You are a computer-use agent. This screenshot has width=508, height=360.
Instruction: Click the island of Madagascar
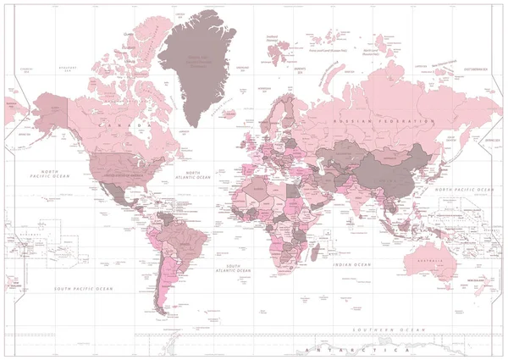(315, 252)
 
